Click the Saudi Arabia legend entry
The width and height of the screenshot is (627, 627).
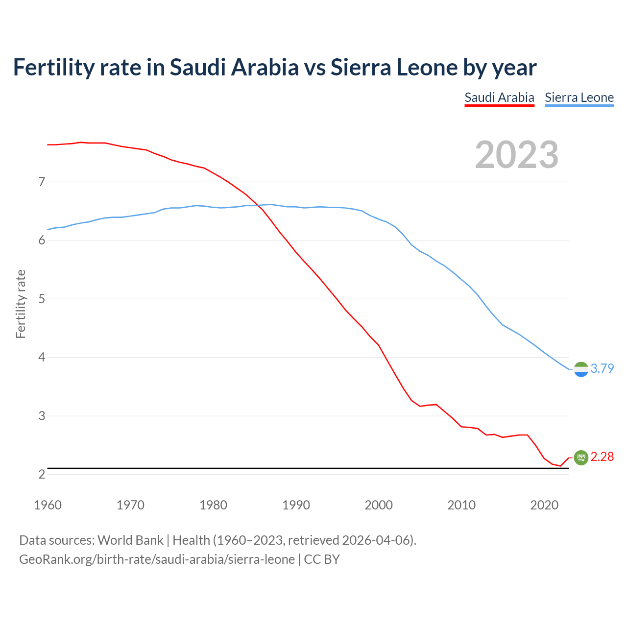point(499,97)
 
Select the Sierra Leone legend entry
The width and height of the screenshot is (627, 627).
point(579,97)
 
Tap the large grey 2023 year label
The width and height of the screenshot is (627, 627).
point(517,155)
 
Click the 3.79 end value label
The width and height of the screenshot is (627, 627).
point(602,368)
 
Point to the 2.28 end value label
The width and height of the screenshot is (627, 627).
point(602,457)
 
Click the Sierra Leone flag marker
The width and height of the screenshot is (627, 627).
point(581,369)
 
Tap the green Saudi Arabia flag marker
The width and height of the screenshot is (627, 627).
point(581,458)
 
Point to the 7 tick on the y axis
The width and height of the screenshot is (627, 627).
point(42,182)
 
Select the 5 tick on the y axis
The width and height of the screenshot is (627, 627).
point(42,299)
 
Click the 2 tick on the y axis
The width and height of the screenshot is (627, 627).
point(42,474)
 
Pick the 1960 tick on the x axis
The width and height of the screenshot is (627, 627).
point(48,505)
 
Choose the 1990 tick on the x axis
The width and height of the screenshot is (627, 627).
point(296,505)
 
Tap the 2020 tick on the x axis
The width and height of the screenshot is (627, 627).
point(544,505)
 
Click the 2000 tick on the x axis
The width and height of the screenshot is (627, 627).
point(379,505)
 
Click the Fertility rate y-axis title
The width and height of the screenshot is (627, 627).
point(21,304)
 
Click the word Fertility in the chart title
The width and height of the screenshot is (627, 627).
point(53,67)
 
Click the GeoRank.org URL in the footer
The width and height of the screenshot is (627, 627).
point(157,559)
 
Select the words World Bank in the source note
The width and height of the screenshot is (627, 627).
point(130,540)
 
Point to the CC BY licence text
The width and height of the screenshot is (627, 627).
point(322,559)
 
